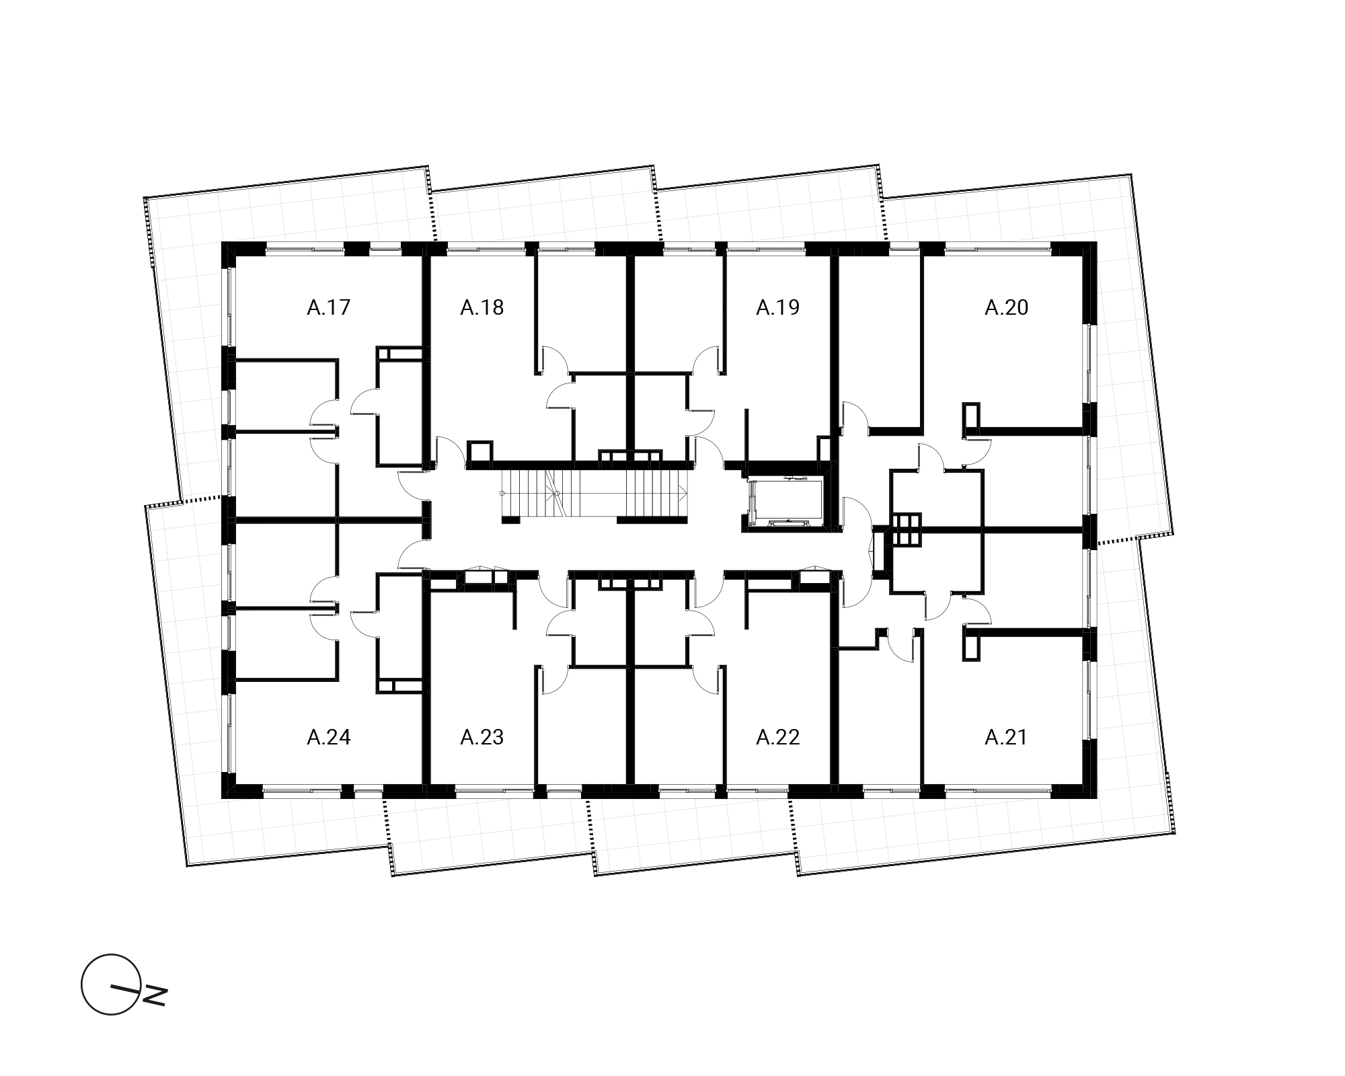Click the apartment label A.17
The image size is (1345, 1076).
[329, 307]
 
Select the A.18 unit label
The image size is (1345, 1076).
[482, 307]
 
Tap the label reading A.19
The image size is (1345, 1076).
[778, 307]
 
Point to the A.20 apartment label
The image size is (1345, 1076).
[1007, 307]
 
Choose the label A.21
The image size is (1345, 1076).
[1007, 738]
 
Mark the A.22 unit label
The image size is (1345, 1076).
[778, 738]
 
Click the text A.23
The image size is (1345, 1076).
[482, 738]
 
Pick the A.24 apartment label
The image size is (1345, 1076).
[329, 738]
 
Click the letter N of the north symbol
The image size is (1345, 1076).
[155, 996]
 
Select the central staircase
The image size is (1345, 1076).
[594, 493]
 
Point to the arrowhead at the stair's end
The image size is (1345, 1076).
[683, 494]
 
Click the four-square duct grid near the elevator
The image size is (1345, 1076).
[905, 529]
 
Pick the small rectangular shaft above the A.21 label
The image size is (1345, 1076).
[970, 647]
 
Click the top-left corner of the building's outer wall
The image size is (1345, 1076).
[222, 242]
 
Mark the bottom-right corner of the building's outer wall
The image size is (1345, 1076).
[1098, 798]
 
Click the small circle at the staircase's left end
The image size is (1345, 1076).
[502, 494]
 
